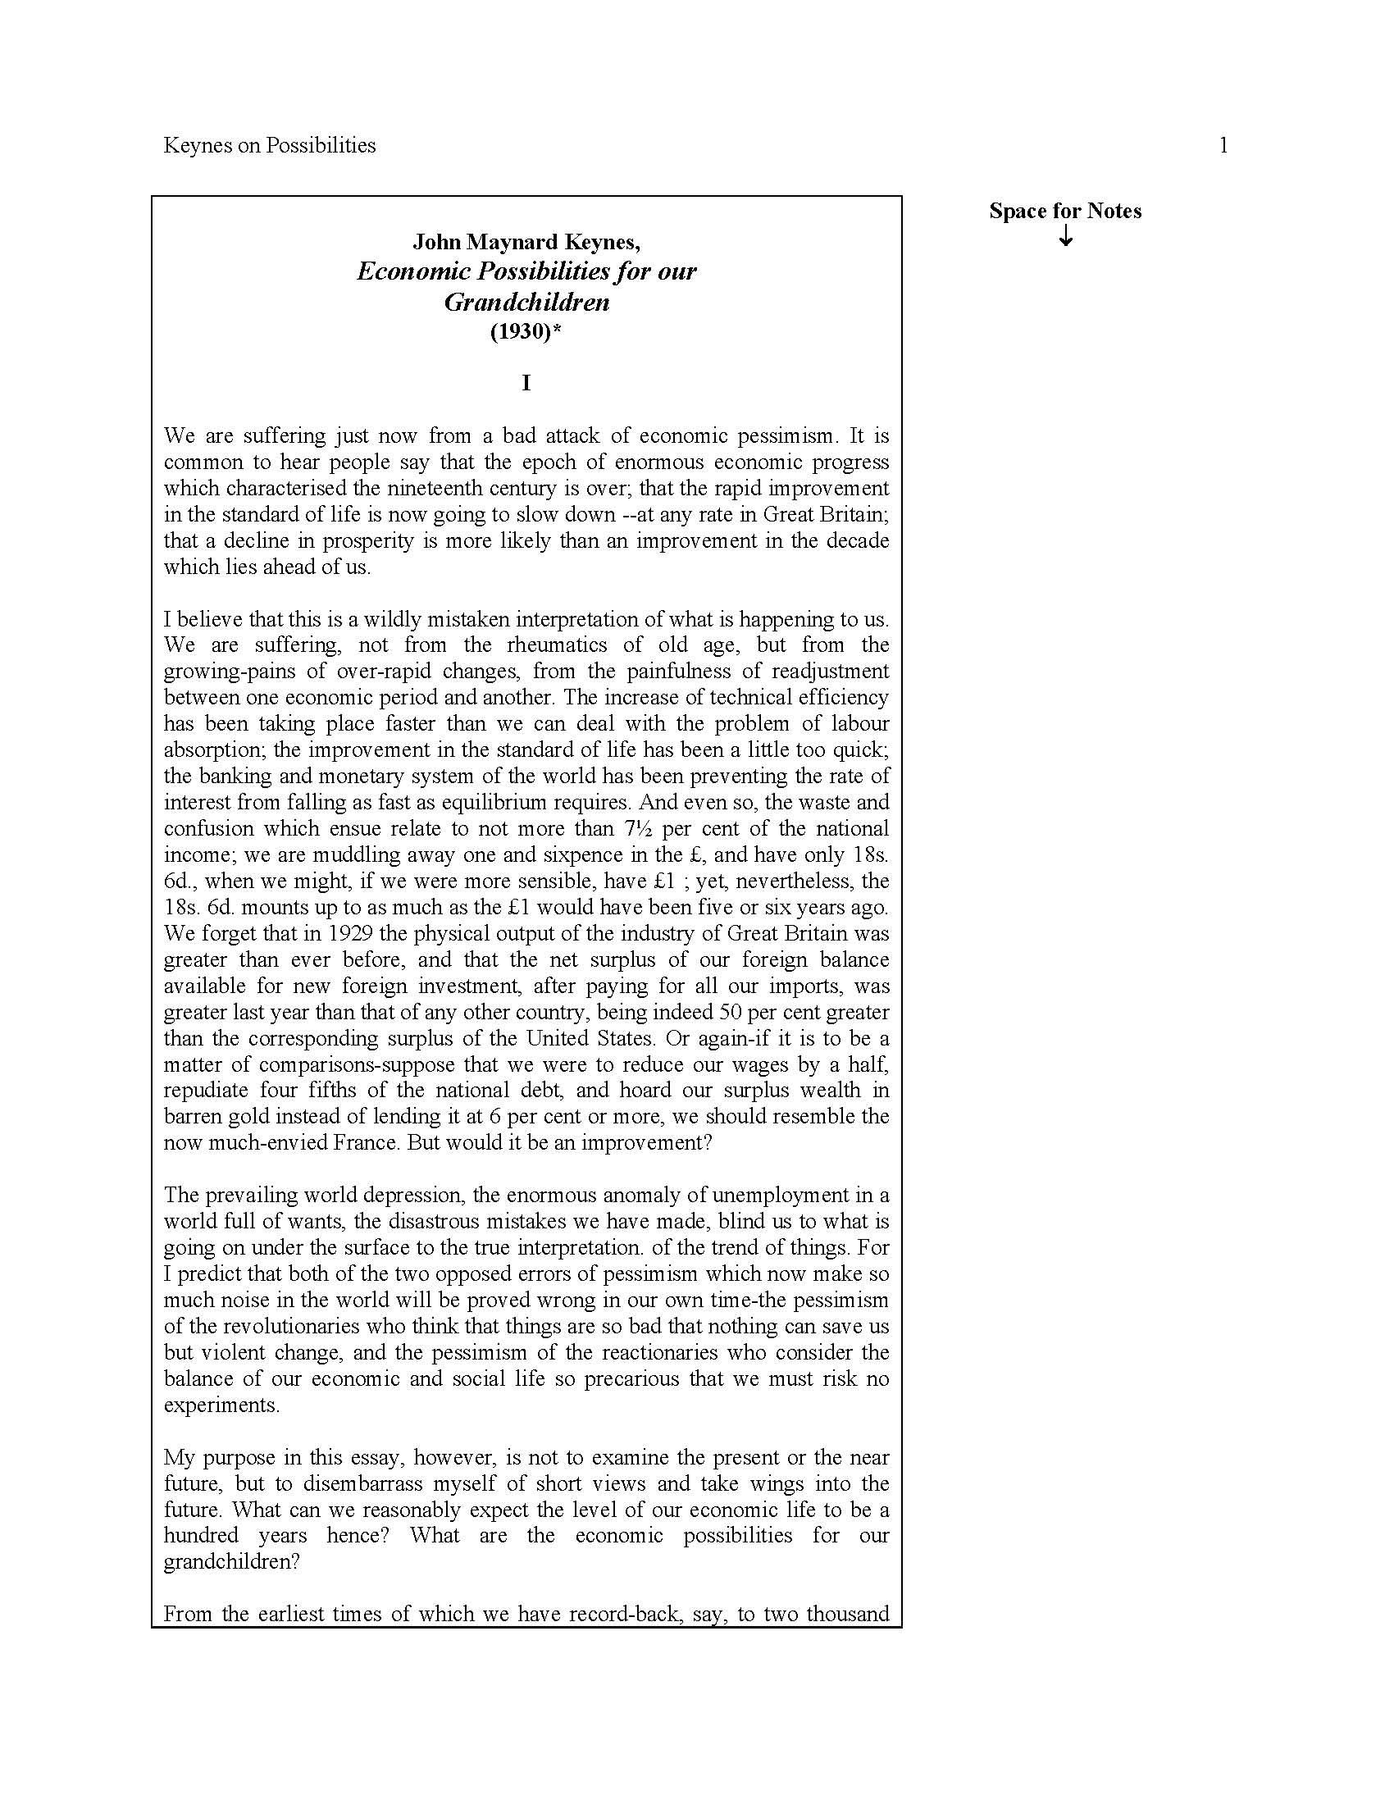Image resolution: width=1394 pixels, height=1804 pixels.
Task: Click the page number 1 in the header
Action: [1223, 145]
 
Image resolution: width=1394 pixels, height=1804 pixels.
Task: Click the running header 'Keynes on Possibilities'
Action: [269, 145]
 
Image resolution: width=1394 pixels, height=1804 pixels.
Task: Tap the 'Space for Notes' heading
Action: [1065, 211]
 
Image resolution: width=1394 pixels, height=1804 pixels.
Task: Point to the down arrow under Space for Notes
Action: [1066, 236]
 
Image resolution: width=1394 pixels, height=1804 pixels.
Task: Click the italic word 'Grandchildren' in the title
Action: [526, 302]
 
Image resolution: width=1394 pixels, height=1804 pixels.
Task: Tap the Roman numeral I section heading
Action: [526, 382]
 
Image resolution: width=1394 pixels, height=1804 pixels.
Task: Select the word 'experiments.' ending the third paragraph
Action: [221, 1404]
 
